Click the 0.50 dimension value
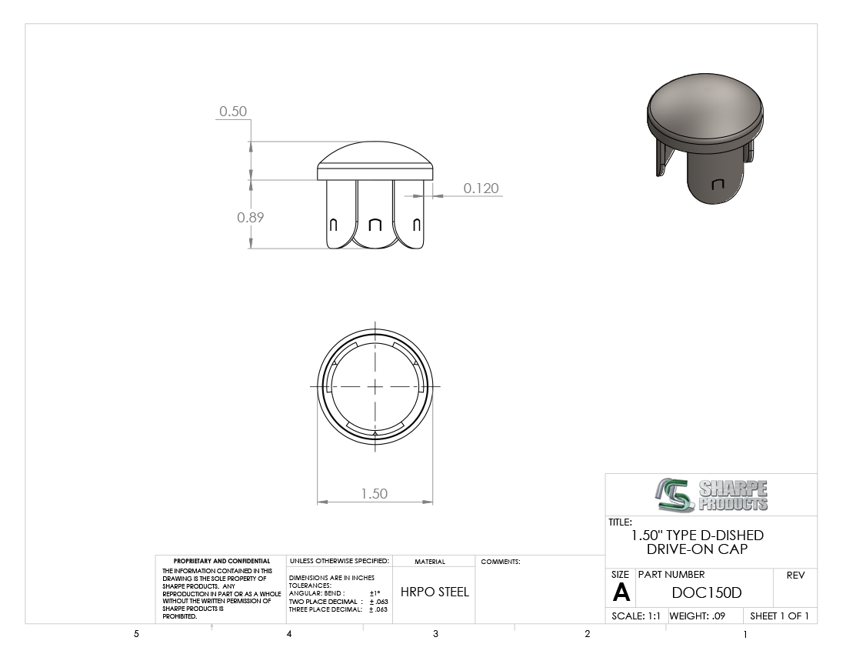coord(233,111)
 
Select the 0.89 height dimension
coord(251,218)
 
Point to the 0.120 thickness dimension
coord(481,189)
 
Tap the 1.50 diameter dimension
coord(375,494)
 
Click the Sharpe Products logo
coord(711,495)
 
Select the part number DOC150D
coord(707,593)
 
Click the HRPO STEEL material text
coord(435,592)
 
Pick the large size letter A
coord(621,593)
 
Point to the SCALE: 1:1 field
coord(636,616)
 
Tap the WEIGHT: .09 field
coord(697,616)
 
